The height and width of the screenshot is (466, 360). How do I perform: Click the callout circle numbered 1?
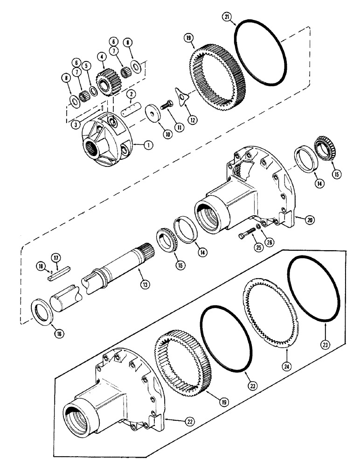click(x=147, y=145)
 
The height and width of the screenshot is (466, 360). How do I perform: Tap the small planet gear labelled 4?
click(x=104, y=75)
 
